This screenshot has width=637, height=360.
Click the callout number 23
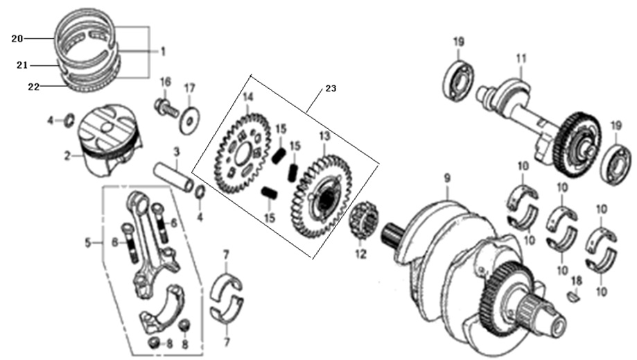click(331, 88)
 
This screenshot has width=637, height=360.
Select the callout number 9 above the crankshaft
click(447, 178)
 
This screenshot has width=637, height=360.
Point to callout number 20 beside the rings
click(17, 39)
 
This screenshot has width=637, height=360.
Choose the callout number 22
click(34, 87)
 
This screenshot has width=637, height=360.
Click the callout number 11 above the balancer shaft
click(521, 59)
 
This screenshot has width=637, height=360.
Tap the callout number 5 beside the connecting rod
click(88, 243)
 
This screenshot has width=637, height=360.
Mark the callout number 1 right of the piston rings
click(162, 51)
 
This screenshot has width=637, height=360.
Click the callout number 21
click(22, 65)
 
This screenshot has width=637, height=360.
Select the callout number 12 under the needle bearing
click(361, 255)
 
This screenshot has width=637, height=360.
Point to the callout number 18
click(577, 281)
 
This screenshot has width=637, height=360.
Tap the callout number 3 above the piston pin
click(177, 153)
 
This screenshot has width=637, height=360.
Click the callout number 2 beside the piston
click(67, 155)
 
